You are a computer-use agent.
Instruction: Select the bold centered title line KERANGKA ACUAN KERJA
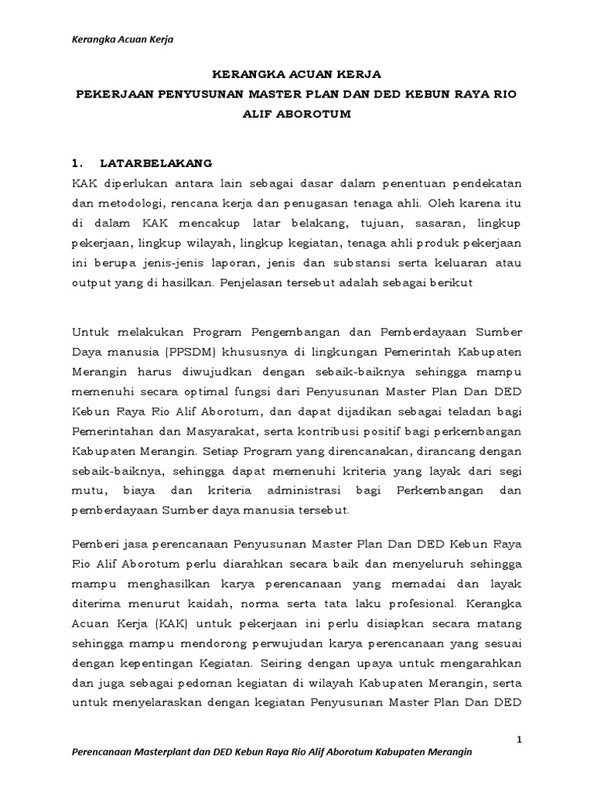click(x=297, y=75)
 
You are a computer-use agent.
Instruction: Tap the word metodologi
click(x=122, y=204)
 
